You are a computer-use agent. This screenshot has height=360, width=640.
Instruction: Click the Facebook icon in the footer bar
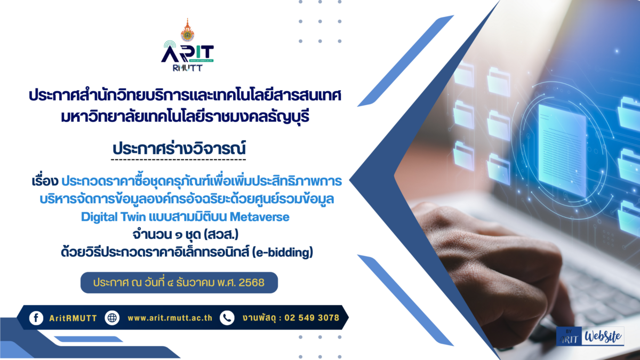(36, 318)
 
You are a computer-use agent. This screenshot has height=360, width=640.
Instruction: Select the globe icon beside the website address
(113, 318)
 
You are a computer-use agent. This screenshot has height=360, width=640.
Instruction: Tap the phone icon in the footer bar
(227, 318)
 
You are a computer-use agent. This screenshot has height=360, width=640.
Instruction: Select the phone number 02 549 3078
(312, 318)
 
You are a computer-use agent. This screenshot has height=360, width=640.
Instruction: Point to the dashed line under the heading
(179, 159)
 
